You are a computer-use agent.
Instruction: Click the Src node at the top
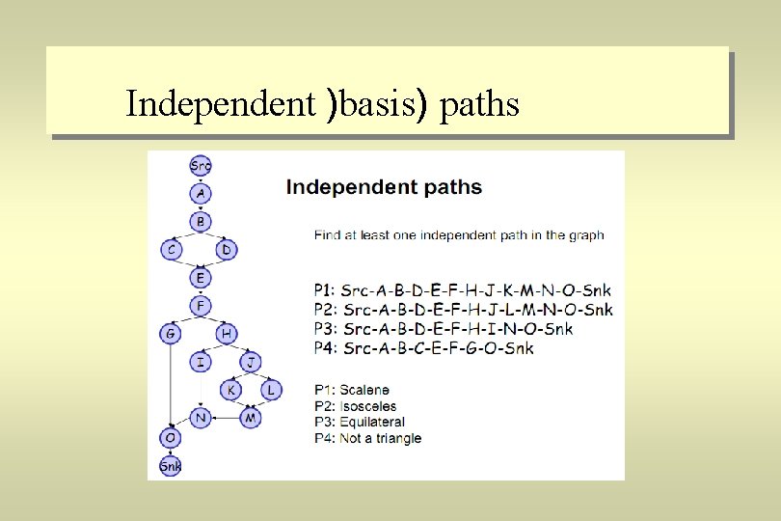(x=201, y=166)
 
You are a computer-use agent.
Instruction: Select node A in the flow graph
(x=200, y=194)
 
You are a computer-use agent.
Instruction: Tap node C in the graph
(x=171, y=250)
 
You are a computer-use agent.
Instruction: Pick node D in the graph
(x=227, y=250)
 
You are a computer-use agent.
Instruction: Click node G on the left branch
(x=171, y=334)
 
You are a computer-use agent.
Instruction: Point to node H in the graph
(x=227, y=334)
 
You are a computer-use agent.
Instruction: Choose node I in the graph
(x=200, y=363)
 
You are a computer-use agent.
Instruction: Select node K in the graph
(x=230, y=390)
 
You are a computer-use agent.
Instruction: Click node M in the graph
(x=250, y=418)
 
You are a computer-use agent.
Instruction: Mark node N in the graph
(x=200, y=418)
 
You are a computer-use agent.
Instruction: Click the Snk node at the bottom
(x=171, y=466)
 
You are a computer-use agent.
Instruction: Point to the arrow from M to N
(x=225, y=418)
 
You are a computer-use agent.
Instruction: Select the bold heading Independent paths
(x=384, y=187)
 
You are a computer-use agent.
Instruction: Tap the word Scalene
(x=364, y=391)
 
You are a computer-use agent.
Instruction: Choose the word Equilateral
(x=372, y=422)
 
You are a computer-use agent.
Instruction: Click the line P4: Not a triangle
(x=368, y=438)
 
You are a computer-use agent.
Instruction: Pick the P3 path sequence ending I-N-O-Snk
(x=444, y=329)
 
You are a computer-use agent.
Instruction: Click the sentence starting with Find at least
(x=459, y=234)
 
